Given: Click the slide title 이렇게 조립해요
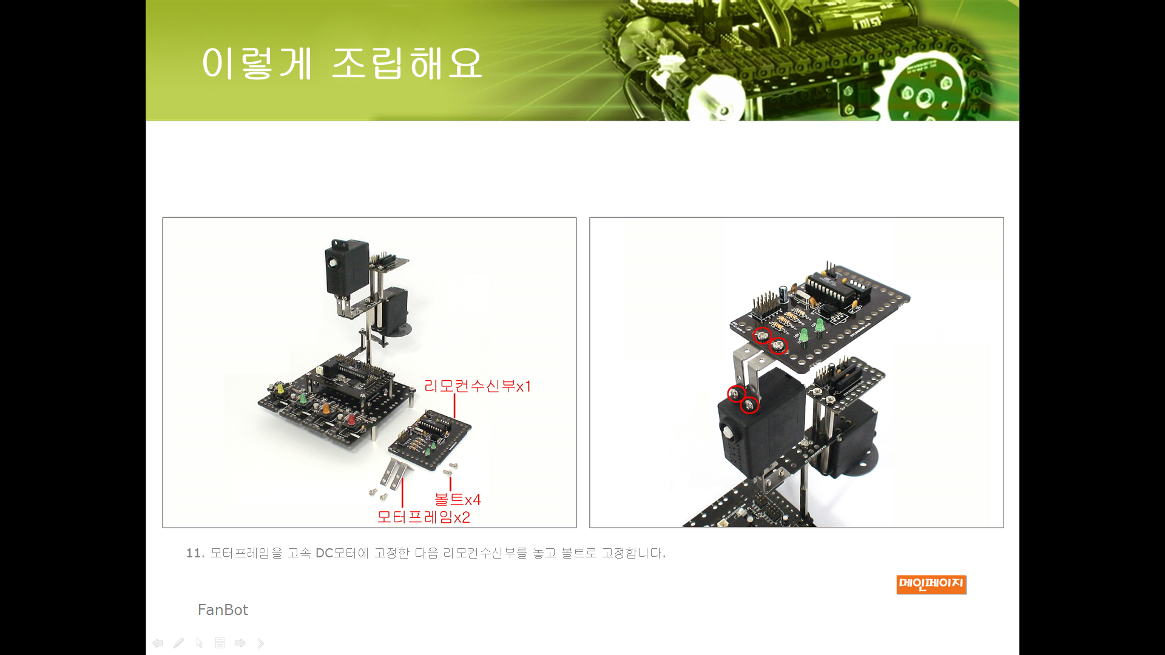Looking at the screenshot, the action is (x=342, y=63).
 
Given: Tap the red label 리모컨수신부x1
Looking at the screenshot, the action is (x=478, y=386).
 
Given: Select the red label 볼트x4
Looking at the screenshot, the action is (x=458, y=499).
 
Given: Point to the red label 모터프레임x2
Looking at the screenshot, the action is (x=424, y=517).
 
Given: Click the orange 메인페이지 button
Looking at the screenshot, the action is (x=931, y=585).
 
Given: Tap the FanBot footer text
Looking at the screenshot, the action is (x=223, y=610).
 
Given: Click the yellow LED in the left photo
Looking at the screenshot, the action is (x=279, y=387).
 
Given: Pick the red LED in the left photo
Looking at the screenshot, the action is (x=351, y=418).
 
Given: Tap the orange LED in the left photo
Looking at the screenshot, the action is (x=325, y=408).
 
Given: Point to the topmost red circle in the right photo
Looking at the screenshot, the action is (x=762, y=335).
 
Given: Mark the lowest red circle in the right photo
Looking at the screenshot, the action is (x=750, y=405).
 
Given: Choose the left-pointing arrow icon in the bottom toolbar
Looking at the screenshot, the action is (x=158, y=643).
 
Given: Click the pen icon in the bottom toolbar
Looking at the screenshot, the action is (x=178, y=643).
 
